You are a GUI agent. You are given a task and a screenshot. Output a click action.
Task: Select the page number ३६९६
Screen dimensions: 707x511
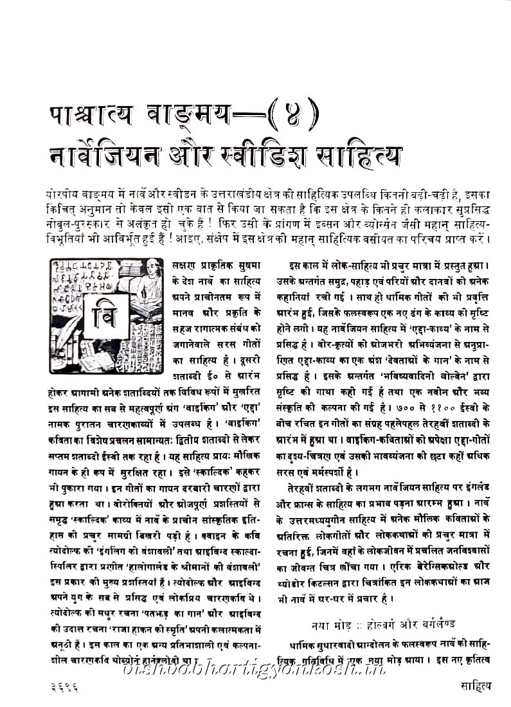pyautogui.click(x=64, y=686)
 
